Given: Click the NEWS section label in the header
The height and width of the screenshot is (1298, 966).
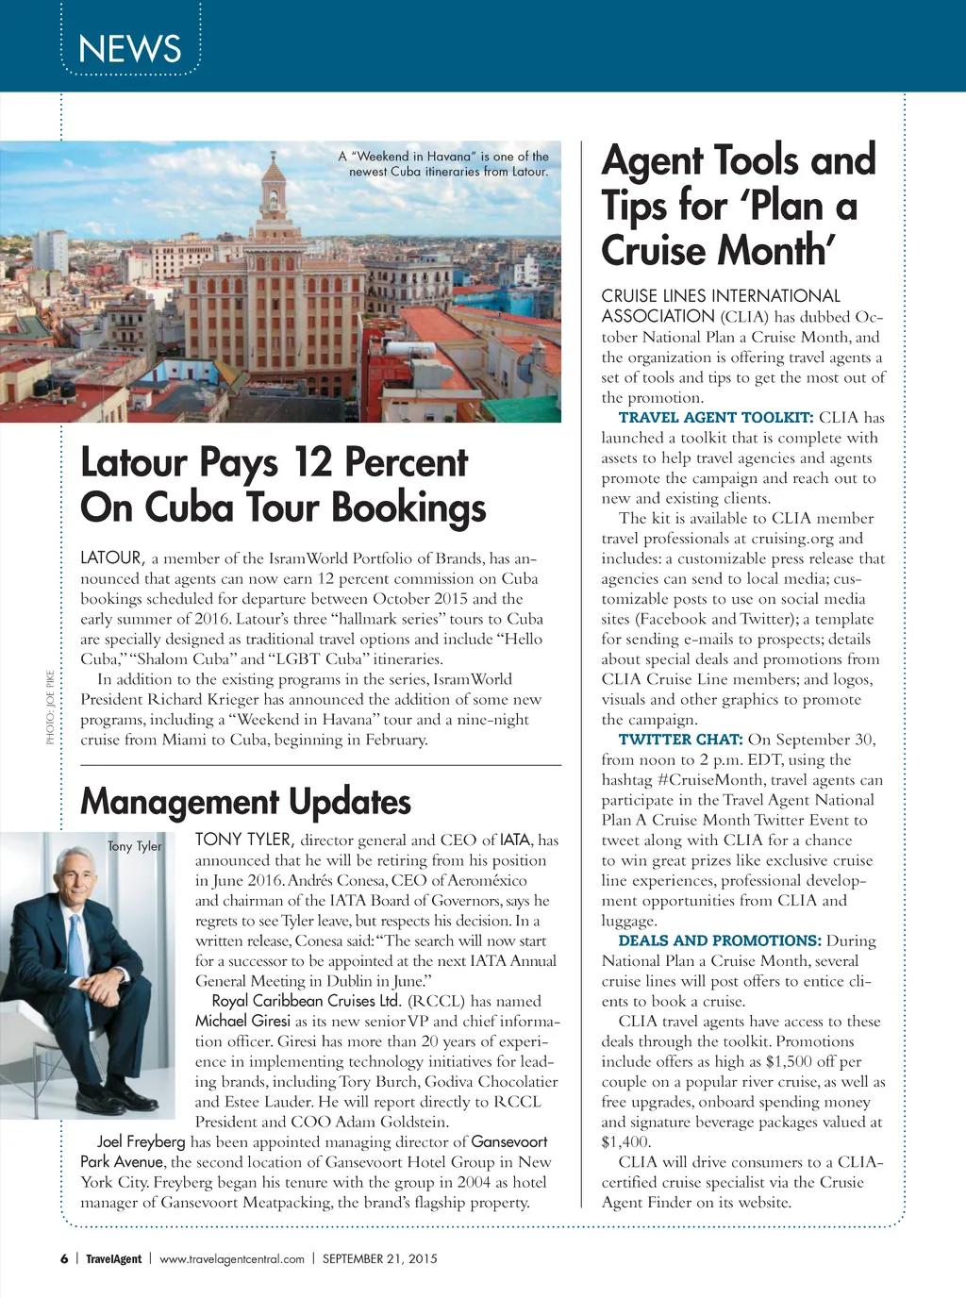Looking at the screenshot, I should coord(129,48).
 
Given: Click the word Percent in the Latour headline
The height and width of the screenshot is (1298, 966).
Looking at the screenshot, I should coord(406,462).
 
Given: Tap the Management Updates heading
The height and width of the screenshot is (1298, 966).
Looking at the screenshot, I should coord(245,802).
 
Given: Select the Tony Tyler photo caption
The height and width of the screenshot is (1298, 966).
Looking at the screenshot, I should coord(135,846).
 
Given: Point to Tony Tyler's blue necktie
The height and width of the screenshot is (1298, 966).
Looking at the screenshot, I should coord(75,943).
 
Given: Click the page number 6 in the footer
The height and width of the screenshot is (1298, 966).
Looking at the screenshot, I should coord(64,1258).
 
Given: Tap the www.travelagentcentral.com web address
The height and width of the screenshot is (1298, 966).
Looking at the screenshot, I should coord(232,1258).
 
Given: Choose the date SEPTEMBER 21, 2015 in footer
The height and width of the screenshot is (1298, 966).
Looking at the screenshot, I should coord(379,1258).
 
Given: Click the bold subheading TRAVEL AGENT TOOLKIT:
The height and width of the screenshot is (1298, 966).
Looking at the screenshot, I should coord(715,418).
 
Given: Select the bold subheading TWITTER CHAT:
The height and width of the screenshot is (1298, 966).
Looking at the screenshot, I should coord(680,740).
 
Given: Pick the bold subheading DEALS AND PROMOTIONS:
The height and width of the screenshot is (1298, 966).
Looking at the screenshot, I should coord(719,940).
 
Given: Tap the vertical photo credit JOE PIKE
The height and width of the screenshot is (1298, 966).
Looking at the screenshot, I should coord(50,707).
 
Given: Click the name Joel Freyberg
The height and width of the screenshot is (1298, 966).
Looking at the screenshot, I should coord(141,1142).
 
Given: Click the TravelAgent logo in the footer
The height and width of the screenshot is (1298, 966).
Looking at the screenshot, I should coord(113,1258).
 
